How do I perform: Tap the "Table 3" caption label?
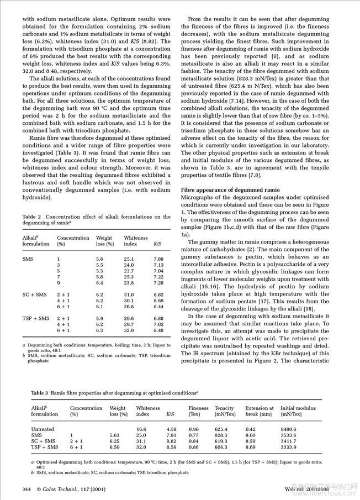click(x=39, y=393)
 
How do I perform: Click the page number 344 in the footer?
click(x=26, y=489)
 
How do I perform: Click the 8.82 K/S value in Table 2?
click(x=158, y=295)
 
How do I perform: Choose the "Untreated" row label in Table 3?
click(x=43, y=429)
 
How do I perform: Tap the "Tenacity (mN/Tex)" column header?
click(x=225, y=411)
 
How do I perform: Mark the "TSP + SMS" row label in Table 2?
click(x=35, y=318)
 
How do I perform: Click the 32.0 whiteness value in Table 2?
click(x=129, y=331)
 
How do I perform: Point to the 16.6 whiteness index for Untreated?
click(x=141, y=429)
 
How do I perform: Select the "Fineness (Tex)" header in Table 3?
click(x=198, y=411)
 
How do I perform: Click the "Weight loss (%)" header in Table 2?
click(x=105, y=240)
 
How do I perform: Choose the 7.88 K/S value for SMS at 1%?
click(x=158, y=259)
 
